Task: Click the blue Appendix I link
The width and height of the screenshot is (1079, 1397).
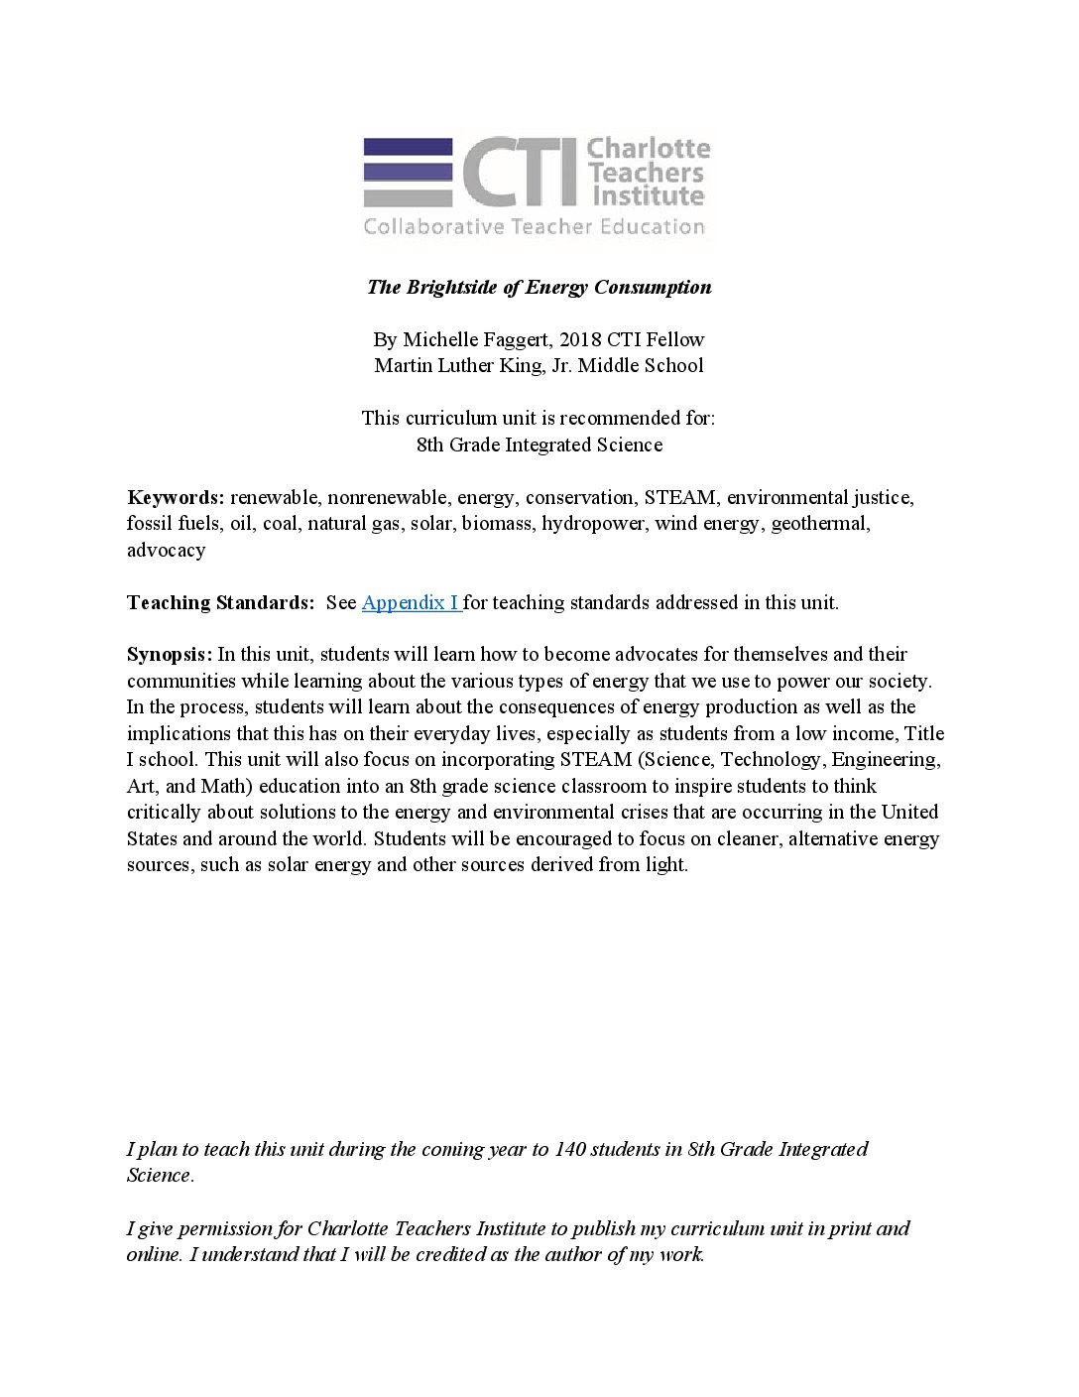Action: (411, 602)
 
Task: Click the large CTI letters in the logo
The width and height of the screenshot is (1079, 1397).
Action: (519, 173)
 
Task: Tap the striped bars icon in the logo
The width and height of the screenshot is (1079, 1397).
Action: (408, 172)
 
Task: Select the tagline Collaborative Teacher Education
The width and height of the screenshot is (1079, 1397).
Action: (534, 227)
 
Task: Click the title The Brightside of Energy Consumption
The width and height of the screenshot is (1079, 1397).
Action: (539, 288)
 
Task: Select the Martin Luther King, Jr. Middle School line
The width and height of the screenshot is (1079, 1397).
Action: (539, 365)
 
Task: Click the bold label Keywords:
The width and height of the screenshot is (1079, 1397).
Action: (176, 497)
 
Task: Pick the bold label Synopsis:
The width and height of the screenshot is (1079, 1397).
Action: (170, 654)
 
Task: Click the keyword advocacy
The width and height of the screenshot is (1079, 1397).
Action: (166, 550)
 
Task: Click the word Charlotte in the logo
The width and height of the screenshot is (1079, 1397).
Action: (649, 149)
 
